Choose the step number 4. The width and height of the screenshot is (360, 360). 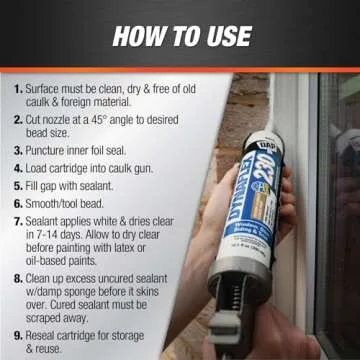(x=18, y=168)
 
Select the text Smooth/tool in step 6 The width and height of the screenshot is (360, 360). (x=62, y=203)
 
